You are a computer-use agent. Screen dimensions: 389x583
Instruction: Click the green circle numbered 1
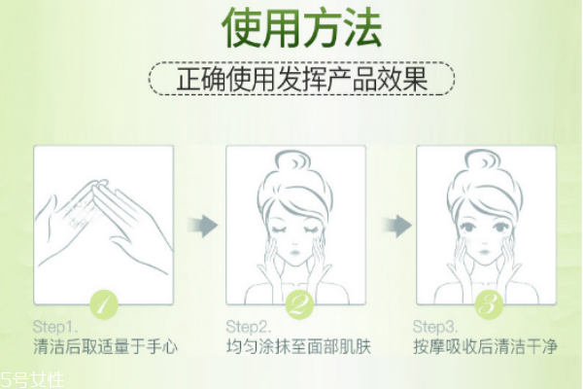104,304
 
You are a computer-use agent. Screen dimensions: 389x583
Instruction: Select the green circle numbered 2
294,304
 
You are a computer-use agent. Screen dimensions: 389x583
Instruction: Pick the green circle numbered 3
486,304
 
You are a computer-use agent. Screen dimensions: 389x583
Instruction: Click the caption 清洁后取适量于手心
105,347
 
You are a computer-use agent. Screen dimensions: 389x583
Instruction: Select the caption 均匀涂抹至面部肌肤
296,347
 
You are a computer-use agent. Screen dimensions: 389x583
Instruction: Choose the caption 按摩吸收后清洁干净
487,347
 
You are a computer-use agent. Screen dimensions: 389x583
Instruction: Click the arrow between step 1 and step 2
200,227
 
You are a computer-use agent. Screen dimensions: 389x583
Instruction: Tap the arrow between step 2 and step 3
392,227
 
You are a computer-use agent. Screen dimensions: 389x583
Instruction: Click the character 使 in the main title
243,28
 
